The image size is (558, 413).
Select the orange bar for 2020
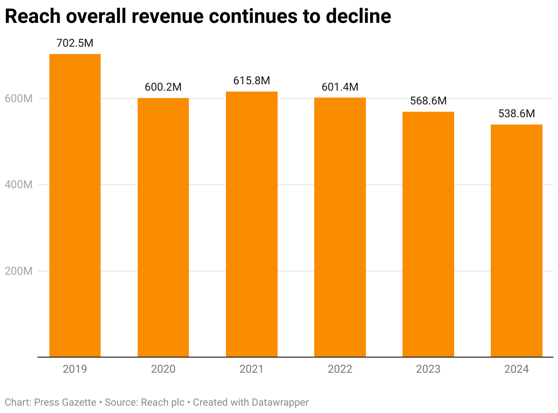coord(163,227)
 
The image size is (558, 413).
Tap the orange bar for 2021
coord(252,224)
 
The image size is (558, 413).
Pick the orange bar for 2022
coord(340,227)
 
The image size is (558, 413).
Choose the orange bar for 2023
coord(428,234)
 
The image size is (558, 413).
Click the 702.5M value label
coord(75,43)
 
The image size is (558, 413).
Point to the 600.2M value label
coord(163,87)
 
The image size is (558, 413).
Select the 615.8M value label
coord(252,81)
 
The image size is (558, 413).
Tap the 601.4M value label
coord(340,87)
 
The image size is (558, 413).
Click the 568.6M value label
coord(428,101)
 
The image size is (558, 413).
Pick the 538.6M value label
coord(516,114)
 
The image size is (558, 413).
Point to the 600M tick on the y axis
coord(19,98)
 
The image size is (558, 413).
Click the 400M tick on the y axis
coord(19,185)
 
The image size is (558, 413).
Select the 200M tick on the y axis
coord(19,271)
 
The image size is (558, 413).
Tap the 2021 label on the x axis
coord(252,369)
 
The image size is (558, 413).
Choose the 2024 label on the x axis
coord(516,369)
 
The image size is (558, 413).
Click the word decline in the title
coord(358,16)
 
